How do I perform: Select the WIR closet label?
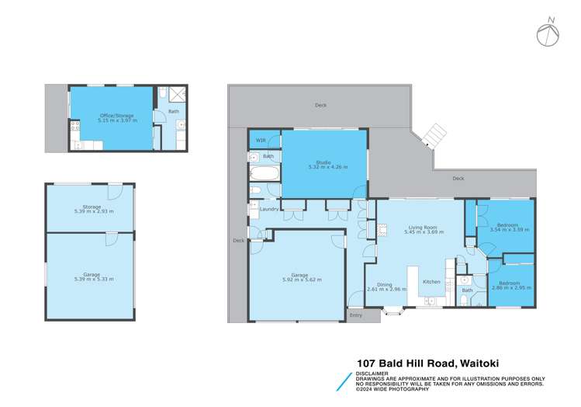[260, 141]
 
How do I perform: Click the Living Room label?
[425, 227]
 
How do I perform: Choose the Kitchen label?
[431, 281]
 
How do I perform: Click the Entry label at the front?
[355, 315]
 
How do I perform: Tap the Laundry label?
[269, 209]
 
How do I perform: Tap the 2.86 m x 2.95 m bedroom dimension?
[509, 287]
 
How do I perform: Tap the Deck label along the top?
[320, 105]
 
